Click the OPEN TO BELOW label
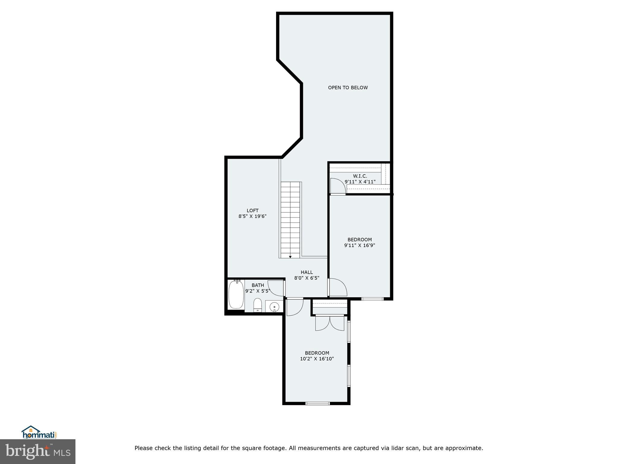coord(348,88)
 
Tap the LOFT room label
coord(253,211)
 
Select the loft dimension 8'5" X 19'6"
coord(253,216)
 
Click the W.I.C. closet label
coord(360,176)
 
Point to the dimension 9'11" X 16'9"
coord(359,245)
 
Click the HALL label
coord(307,272)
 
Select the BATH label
coord(258,285)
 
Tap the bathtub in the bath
coord(236,295)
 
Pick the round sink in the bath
coord(274,307)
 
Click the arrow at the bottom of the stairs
coord(290,257)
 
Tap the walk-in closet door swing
coord(337,186)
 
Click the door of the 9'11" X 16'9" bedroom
coord(337,287)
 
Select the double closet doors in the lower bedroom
coord(330,323)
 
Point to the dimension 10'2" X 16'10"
coord(317,359)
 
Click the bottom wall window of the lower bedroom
coord(317,403)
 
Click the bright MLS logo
coord(38,451)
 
